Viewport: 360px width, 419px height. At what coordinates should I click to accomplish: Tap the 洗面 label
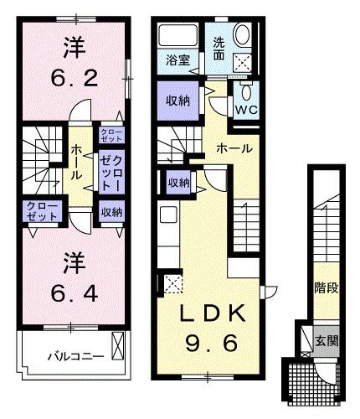click(x=219, y=49)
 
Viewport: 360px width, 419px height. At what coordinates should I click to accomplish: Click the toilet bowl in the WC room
click(x=246, y=91)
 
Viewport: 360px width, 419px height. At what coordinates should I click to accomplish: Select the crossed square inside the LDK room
click(x=173, y=283)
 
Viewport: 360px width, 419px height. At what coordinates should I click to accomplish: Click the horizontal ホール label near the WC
click(x=233, y=147)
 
